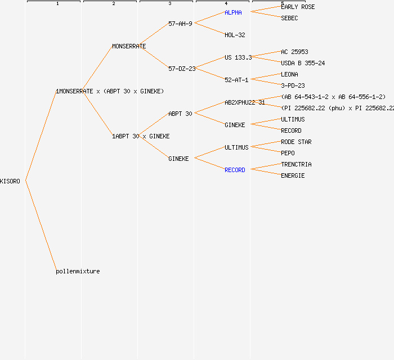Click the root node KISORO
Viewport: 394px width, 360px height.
tap(10, 181)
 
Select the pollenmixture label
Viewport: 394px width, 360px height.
tap(78, 271)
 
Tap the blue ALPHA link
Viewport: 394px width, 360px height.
tap(233, 12)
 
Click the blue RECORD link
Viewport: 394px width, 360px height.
tap(235, 170)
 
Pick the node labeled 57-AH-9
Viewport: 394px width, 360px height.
tap(180, 24)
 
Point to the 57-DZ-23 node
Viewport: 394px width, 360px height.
tap(182, 69)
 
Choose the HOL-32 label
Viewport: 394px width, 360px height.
tap(235, 35)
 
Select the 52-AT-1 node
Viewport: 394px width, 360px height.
tap(236, 80)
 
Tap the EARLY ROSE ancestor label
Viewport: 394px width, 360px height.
tap(298, 7)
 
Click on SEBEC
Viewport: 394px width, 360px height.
tap(289, 18)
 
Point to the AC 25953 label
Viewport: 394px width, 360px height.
tap(294, 52)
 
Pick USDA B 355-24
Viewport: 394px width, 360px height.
tap(303, 63)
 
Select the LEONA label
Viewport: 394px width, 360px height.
tap(289, 74)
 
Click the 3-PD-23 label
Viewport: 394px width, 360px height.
tap(293, 85)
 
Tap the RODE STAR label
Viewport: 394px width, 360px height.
tap(296, 142)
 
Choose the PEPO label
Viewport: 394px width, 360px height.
tap(288, 153)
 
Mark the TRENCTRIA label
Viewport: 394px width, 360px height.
tap(296, 164)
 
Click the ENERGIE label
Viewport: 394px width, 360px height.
tap(293, 175)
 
